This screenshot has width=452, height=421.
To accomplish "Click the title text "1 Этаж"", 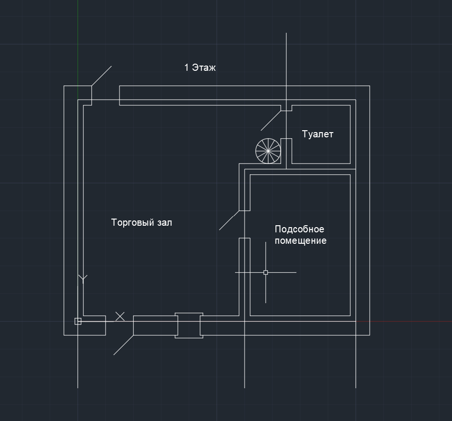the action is (200, 67).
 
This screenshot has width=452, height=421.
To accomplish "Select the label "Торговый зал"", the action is (141, 222).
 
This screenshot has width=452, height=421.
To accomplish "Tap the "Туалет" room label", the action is (317, 134).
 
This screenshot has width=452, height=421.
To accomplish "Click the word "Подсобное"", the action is (299, 229).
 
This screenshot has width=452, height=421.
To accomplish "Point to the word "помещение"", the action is (301, 241).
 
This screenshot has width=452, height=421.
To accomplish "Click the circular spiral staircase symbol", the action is (268, 151).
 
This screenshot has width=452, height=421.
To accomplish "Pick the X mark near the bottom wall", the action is (120, 316).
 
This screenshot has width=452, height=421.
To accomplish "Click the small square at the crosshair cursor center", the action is (266, 272).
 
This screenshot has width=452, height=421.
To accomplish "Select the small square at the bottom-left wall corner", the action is (78, 321).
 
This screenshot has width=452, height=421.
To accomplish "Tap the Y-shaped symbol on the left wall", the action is (83, 279).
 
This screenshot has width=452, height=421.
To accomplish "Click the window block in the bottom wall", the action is (189, 325).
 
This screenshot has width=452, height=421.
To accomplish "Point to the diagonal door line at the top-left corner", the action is (101, 76).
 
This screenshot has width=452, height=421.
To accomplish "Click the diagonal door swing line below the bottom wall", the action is (123, 345).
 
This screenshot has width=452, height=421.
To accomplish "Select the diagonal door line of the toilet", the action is (271, 121).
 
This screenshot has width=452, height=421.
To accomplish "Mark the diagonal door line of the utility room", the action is (229, 220).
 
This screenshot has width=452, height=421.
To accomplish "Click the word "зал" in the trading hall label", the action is (165, 223).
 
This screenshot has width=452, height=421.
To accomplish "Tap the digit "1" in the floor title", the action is (187, 67).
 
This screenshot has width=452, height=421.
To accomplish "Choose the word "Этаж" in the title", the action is (204, 67).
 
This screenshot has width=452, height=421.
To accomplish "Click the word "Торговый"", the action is (132, 222).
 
